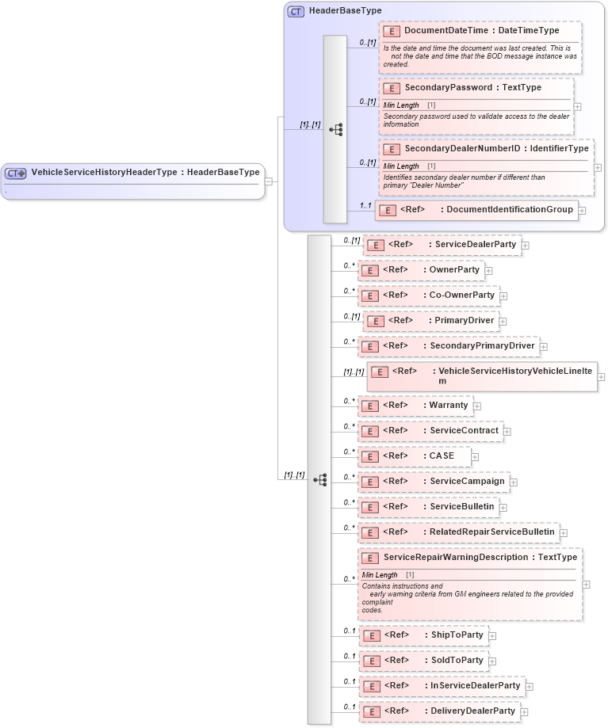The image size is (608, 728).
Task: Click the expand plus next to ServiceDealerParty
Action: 526,246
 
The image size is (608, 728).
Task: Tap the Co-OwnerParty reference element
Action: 429,295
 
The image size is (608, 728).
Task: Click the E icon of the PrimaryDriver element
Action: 375,322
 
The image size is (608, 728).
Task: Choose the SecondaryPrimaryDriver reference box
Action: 448,346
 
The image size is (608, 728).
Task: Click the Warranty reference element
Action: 415,406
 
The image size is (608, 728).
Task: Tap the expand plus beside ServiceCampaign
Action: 513,482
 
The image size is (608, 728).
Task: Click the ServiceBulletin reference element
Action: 428,507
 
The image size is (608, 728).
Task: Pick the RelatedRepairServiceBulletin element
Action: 459,533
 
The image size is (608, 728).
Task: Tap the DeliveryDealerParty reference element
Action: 440,711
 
